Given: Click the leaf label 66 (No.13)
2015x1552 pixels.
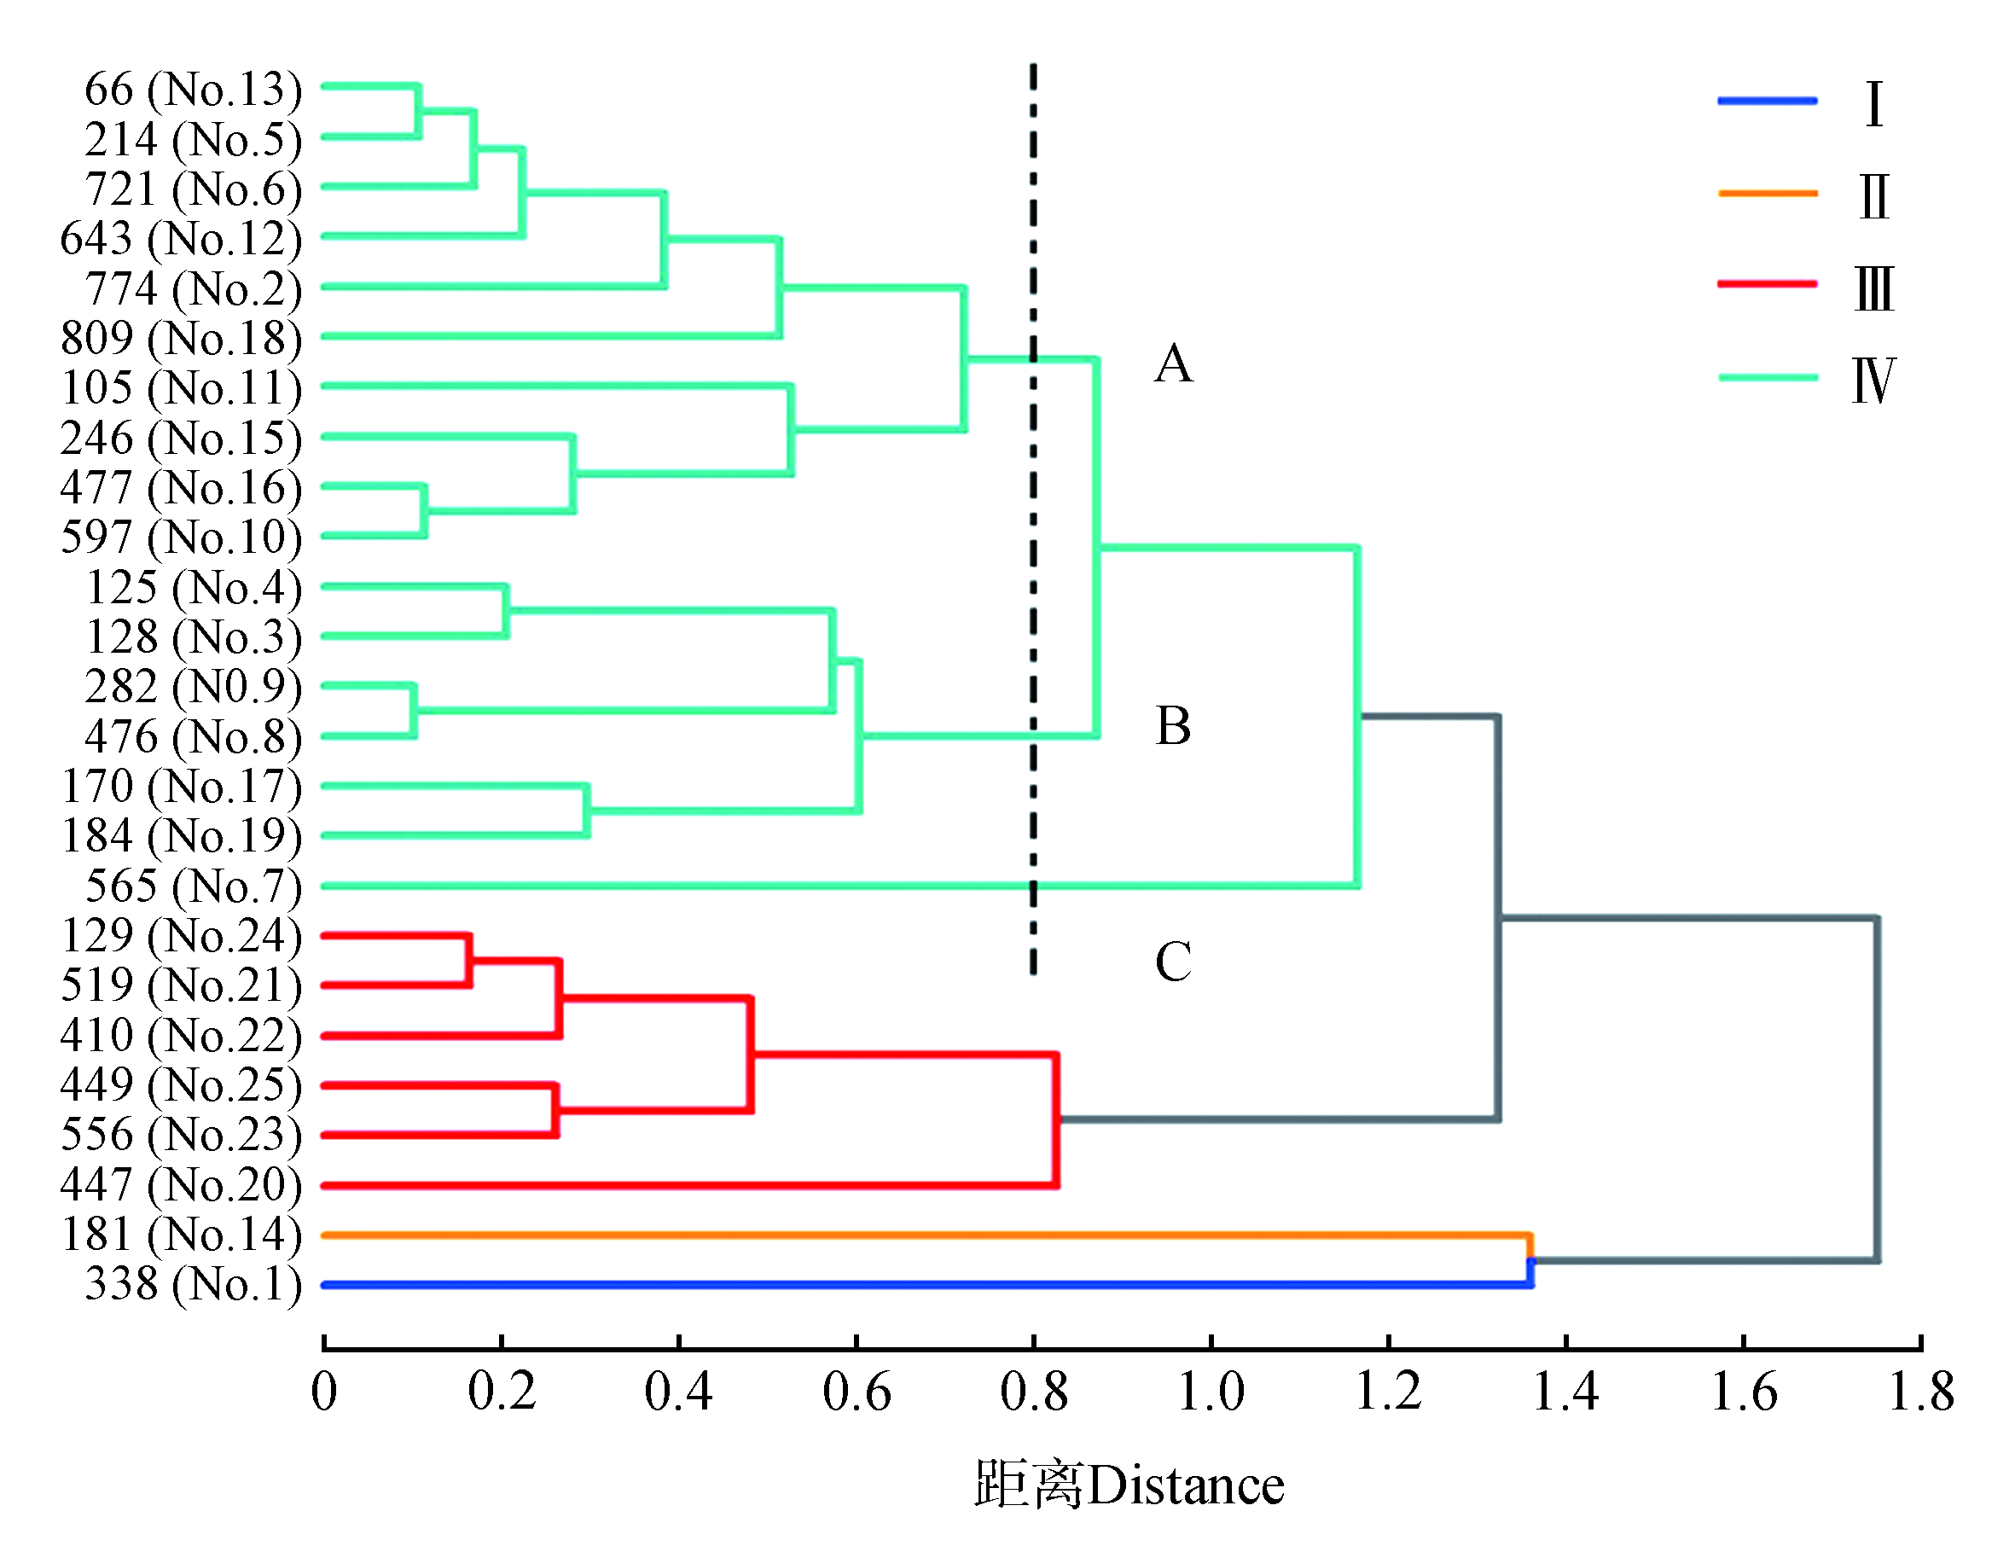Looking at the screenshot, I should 193,90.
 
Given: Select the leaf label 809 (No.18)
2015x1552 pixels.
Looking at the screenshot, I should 181,338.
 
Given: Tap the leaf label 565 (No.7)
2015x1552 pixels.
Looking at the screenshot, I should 193,886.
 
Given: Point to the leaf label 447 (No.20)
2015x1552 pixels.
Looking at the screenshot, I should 181,1185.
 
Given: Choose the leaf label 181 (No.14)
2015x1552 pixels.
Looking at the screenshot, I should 181,1235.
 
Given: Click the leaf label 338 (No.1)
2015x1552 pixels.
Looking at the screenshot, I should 193,1284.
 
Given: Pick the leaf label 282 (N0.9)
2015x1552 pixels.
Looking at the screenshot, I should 193,687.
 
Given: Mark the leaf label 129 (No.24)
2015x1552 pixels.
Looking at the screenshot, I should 181,936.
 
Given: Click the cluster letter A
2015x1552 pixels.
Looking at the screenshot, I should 1174,363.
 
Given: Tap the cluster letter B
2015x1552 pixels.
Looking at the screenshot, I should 1174,726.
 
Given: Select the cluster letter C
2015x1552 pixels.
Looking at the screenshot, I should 1174,962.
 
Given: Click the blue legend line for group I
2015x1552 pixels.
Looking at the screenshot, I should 1767,101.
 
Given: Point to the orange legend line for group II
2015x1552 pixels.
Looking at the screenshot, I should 1767,194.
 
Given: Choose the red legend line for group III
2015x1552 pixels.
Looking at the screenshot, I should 1767,284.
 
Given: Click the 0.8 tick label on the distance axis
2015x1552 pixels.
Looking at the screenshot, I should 1033,1392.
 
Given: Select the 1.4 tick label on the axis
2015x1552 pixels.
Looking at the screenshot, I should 1565,1392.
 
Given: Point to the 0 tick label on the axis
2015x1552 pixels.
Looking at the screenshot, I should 324,1392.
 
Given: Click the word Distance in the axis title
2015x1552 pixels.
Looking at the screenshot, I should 1186,1486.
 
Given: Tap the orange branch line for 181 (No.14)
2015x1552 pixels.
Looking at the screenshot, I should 923,1235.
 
